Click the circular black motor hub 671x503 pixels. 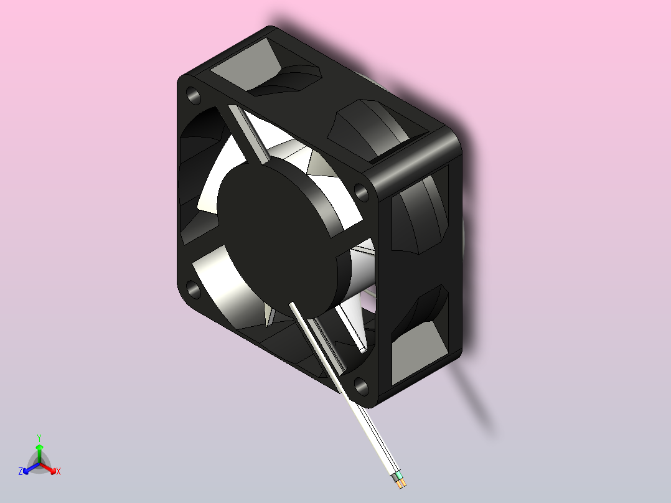coord(274,237)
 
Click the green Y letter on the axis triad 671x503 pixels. coord(39,438)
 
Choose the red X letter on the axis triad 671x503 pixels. coord(59,471)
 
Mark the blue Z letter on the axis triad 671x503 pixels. coord(21,471)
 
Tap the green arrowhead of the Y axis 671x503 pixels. coord(39,447)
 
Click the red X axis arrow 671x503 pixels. coord(49,468)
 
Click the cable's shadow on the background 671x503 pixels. coord(476,398)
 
